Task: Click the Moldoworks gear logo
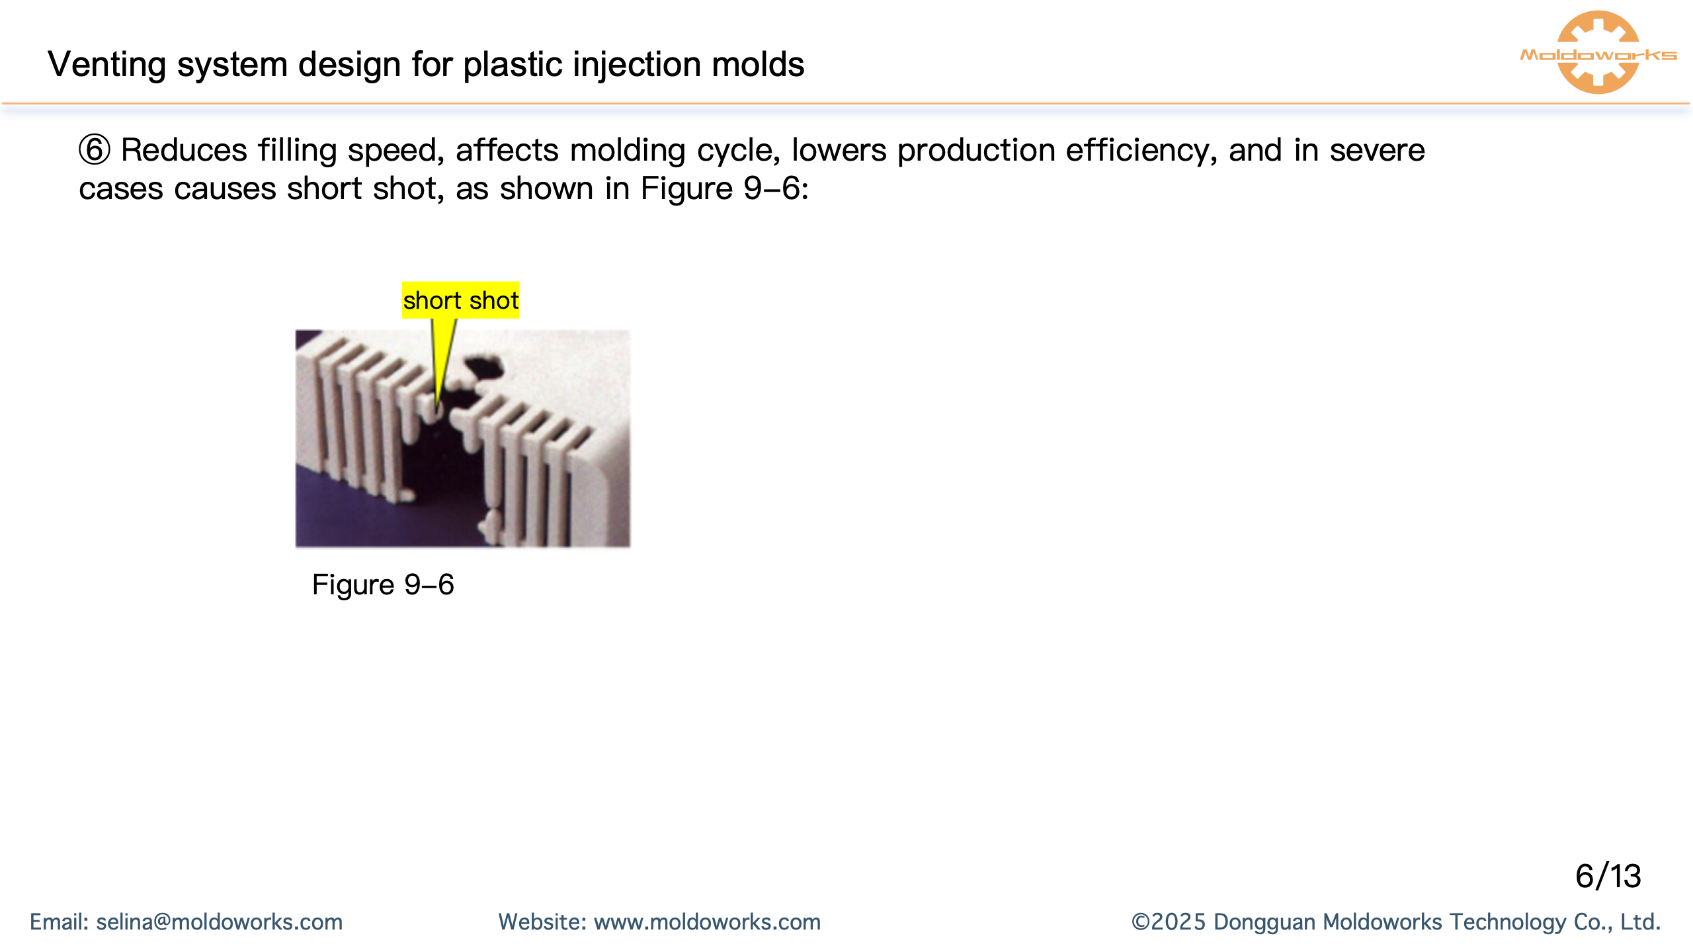[1598, 53]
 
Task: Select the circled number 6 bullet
[95, 150]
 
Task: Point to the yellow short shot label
[460, 301]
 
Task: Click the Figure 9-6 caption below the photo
[383, 585]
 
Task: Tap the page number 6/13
[1608, 877]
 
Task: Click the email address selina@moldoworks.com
[220, 922]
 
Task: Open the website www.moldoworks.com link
[707, 922]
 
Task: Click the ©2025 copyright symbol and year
[1168, 922]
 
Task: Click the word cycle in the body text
[739, 151]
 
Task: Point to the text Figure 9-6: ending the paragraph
[724, 189]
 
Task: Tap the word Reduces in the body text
[184, 151]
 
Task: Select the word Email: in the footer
[59, 922]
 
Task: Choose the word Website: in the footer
[542, 922]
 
